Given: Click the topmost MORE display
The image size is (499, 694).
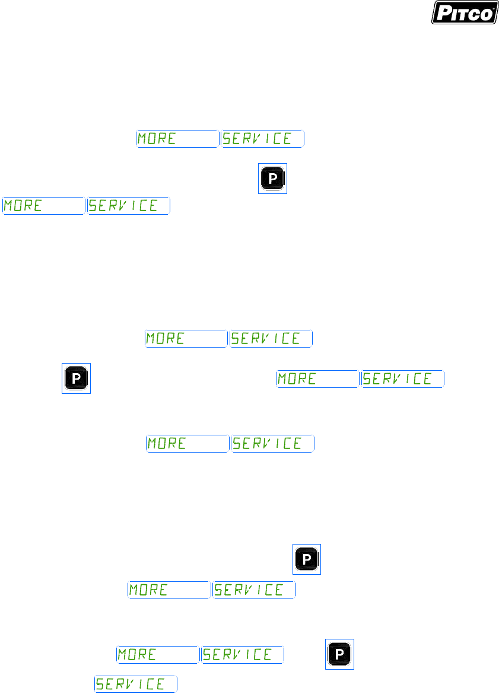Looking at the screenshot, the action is pos(177,139).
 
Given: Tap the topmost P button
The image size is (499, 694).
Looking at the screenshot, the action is pos(272,179).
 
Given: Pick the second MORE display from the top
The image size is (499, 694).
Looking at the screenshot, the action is pos(43,206).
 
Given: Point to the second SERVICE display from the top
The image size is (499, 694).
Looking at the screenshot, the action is pos(129,206).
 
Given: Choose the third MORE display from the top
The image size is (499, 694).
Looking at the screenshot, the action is pos(186,339).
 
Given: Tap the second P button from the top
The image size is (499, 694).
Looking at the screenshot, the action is pos(77,378).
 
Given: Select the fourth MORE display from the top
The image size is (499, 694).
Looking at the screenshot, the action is pos(318,379).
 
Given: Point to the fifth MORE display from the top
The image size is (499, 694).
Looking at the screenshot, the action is pos(187,444).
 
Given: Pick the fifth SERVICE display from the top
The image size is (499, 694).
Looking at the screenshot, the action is pos(273,444).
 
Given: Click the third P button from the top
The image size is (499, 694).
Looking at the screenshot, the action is pos(307,559).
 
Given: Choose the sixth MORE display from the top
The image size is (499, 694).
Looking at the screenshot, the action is pos(170,590).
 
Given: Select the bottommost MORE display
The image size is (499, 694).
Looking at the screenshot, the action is pos(158,655).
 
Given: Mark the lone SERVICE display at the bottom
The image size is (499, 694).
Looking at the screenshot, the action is pos(136,684).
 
